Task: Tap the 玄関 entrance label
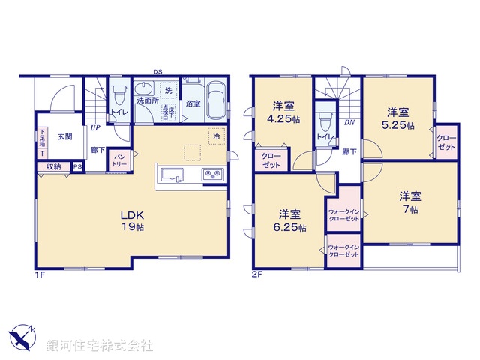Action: click(64, 137)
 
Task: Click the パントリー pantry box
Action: click(118, 160)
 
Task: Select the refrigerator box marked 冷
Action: click(215, 137)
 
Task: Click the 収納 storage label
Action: click(53, 167)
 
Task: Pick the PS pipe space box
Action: click(76, 167)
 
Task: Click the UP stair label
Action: click(95, 128)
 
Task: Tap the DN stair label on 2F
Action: click(349, 122)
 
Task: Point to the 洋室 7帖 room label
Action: click(409, 202)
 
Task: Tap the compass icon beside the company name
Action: click(22, 339)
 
